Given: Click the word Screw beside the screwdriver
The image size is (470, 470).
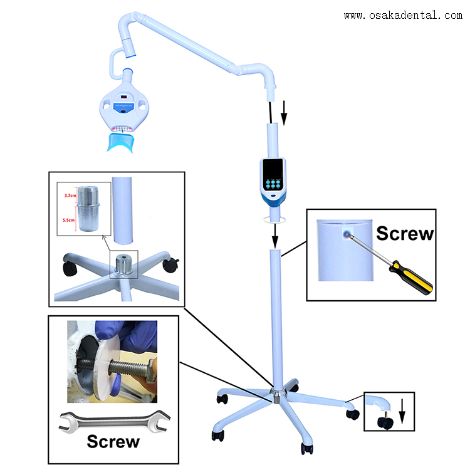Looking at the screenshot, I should click(x=405, y=234).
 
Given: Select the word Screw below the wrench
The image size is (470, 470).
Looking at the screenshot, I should click(x=113, y=441).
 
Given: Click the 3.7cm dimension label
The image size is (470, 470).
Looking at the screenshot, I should click(x=70, y=196).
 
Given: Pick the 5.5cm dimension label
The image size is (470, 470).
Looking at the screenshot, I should click(x=70, y=220).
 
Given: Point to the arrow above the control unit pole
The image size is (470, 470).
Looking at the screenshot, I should click(x=285, y=112).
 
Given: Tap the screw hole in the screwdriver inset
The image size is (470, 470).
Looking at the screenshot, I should click(x=347, y=234).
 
